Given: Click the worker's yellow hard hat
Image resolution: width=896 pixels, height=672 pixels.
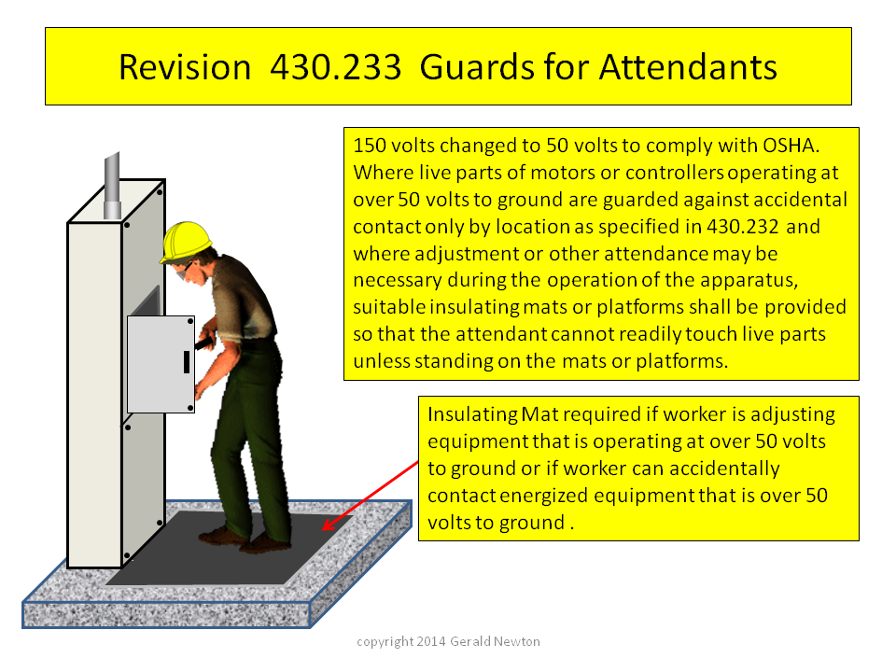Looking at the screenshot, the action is [186, 241].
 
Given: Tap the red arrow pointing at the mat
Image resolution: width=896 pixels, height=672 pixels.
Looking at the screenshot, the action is [371, 496].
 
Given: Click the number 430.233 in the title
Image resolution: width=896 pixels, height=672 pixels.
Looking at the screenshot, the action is [335, 67].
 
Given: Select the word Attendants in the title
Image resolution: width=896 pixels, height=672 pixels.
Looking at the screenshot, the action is [688, 67].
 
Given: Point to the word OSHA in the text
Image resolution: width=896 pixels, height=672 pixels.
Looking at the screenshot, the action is [791, 146].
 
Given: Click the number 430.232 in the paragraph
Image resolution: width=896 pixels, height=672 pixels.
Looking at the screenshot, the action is [742, 227].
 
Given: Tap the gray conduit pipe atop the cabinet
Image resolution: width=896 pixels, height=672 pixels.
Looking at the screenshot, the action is [112, 186].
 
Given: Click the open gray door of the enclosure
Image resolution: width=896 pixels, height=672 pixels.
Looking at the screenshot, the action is [161, 364].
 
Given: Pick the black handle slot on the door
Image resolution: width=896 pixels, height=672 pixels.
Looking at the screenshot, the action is [187, 362].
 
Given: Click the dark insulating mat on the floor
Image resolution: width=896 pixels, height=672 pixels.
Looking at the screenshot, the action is [229, 550].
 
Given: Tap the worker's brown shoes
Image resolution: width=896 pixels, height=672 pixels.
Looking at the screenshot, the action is [245, 540].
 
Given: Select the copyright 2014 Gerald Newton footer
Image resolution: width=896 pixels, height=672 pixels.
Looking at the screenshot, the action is [448, 642].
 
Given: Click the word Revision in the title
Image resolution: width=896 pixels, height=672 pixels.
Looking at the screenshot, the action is [185, 67].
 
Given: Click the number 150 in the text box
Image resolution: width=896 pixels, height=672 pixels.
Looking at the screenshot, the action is [370, 146].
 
